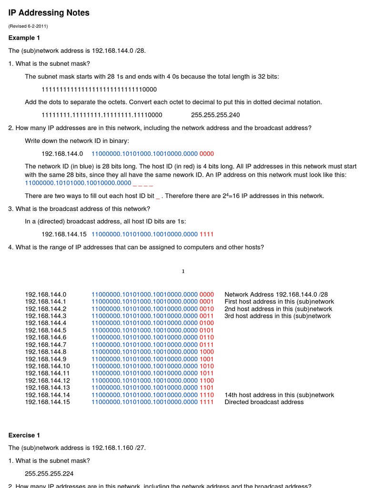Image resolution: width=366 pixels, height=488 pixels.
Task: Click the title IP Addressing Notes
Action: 49,13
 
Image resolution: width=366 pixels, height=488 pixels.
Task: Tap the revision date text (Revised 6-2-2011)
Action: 28,26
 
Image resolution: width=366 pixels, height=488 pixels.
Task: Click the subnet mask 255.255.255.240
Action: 215,115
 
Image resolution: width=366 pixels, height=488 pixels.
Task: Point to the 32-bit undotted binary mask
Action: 99,90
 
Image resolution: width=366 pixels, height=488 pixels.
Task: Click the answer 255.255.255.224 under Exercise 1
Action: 49,474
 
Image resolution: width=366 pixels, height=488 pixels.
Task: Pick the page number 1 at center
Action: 183,272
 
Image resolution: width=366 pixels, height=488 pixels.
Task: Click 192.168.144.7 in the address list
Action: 46,345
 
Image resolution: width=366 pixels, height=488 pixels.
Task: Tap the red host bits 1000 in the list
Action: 207,352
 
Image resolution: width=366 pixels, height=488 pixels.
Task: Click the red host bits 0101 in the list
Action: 207,330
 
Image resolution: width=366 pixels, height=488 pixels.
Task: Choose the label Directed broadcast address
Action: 264,402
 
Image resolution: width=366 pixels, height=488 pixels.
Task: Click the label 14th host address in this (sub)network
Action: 279,395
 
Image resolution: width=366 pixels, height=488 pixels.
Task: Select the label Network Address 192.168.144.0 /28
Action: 276,295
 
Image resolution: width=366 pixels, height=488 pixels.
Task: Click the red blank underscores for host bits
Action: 143,183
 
